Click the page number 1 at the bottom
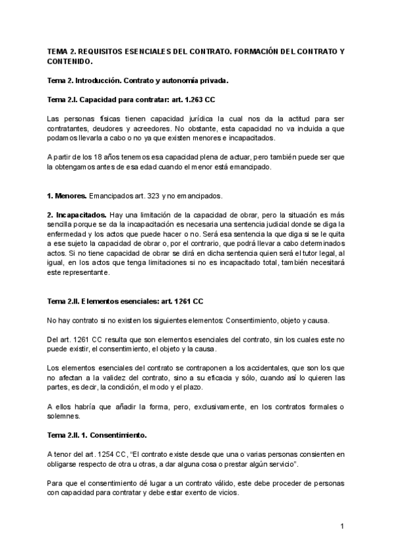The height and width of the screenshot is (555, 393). click(342, 526)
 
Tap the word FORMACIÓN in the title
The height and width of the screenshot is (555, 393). click(259, 50)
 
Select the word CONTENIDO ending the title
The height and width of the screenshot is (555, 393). click(69, 62)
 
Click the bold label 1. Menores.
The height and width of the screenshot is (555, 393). click(68, 196)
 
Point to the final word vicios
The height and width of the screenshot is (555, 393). click(227, 493)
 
